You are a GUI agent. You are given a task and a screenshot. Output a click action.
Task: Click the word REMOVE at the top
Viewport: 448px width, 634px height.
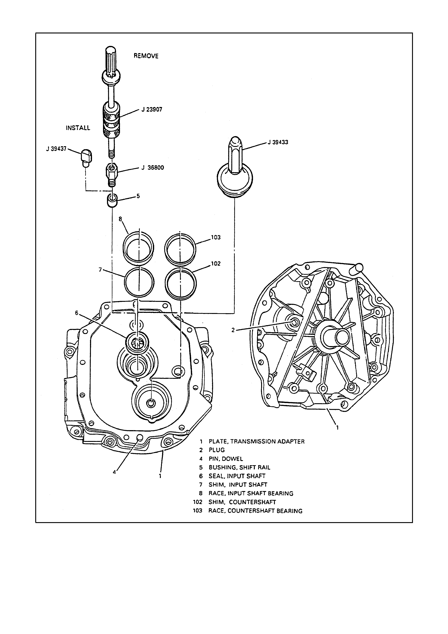146,56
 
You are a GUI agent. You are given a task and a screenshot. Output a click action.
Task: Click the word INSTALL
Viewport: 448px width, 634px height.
78,128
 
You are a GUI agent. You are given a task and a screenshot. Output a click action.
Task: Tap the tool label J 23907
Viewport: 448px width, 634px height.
152,109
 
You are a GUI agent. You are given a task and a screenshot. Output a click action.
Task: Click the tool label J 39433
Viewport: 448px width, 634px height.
278,142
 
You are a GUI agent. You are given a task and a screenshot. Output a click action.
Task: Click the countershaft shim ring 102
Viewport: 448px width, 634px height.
181,283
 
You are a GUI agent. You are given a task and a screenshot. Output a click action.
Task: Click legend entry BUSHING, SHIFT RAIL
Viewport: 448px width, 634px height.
239,467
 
